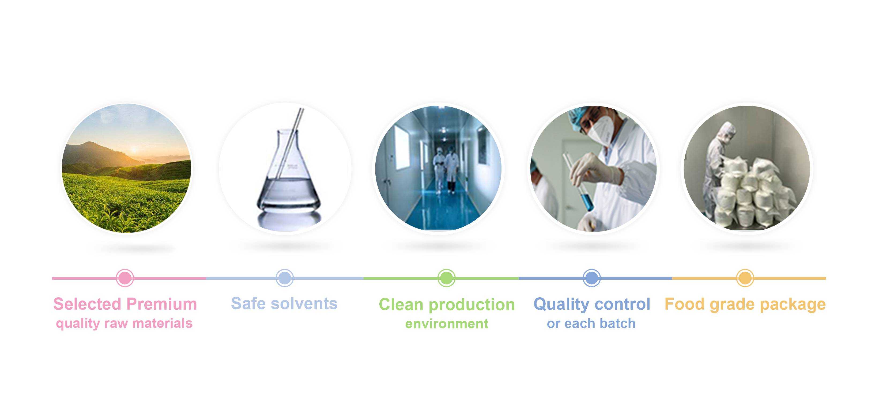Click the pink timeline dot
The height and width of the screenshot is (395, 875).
point(125,278)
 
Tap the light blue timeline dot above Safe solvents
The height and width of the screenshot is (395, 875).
point(285,278)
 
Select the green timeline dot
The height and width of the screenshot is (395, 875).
point(446,278)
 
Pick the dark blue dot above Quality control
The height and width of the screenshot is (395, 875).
point(592,278)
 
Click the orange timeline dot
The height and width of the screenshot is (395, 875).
point(745,278)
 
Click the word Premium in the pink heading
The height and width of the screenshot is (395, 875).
point(162,304)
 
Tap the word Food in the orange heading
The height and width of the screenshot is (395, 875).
point(684,304)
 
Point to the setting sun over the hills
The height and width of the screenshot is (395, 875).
point(134,149)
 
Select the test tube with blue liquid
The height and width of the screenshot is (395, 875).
point(578,182)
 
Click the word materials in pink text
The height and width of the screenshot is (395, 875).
point(162,323)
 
